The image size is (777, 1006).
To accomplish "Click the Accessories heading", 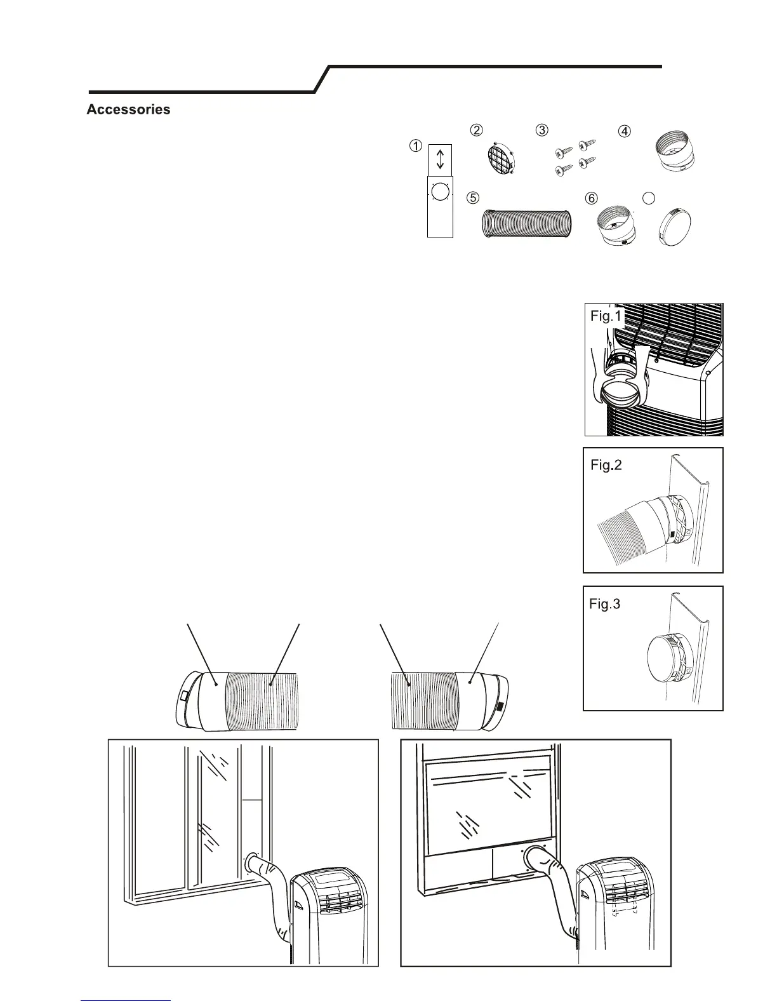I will point(128,109).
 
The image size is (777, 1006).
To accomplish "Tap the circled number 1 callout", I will point(415,145).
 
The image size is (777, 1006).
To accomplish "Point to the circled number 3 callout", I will point(541,130).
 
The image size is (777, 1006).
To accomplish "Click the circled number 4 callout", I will point(625,131).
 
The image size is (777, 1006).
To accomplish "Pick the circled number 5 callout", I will point(472,197).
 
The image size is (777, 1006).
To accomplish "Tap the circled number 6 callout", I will point(591,198).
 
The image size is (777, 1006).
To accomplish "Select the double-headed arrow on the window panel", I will point(440,159).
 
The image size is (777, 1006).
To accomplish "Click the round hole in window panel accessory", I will point(440,193).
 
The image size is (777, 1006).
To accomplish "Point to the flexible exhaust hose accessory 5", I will point(526,225).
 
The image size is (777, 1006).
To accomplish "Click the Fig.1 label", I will point(607,316).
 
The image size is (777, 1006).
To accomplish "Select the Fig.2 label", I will point(606,465).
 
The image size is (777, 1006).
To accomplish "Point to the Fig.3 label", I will point(605,603).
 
